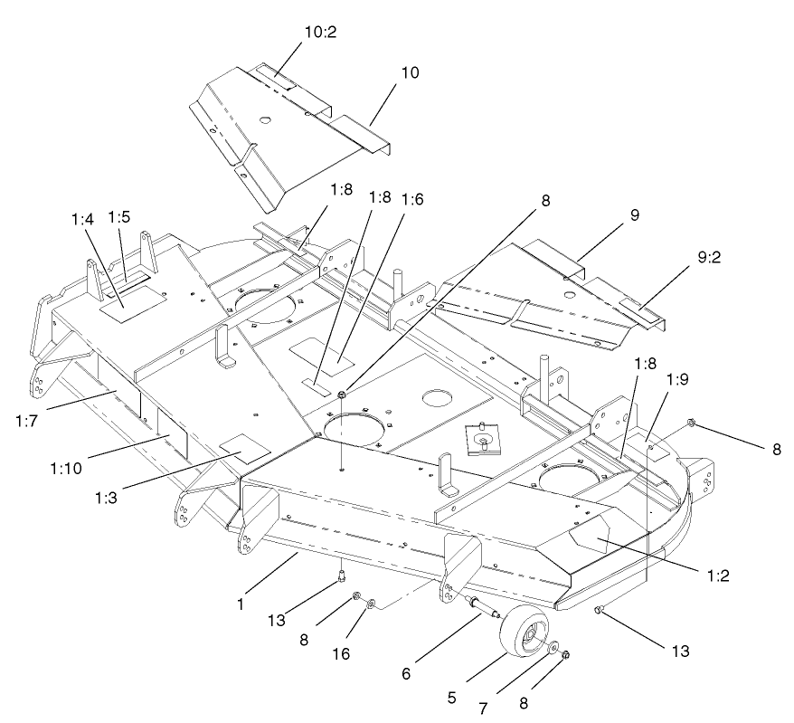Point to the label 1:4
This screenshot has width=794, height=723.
point(81,218)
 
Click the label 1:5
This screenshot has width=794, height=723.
point(119,218)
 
